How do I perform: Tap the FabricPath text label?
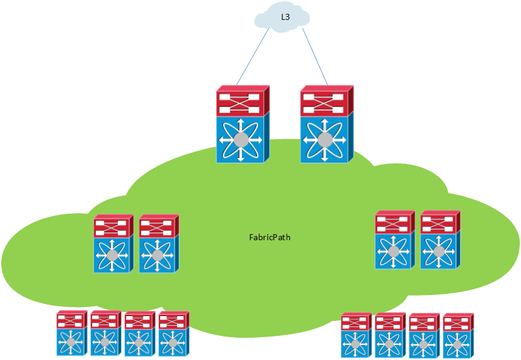tap(270, 237)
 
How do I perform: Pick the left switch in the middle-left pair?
tap(113, 244)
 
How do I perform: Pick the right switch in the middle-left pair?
tap(158, 244)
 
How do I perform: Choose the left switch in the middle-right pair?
tap(395, 240)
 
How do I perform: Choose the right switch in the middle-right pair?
tap(440, 240)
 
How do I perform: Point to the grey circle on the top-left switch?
tap(241, 140)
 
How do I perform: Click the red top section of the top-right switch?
tap(325, 101)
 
